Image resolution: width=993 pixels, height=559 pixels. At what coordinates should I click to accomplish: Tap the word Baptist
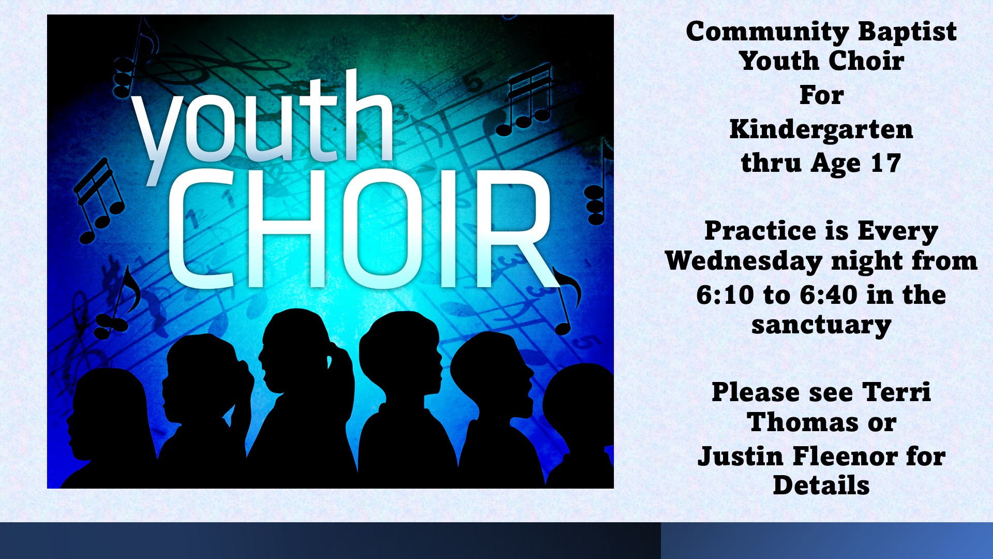(x=908, y=31)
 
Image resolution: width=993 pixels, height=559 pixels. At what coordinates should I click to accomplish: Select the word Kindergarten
(x=821, y=129)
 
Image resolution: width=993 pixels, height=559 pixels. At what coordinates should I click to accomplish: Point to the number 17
(x=886, y=164)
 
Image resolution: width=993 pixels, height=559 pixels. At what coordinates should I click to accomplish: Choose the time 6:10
(x=725, y=295)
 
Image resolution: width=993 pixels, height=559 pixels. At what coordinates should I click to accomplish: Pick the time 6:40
(x=829, y=295)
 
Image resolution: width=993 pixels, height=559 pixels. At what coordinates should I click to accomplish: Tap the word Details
(x=821, y=486)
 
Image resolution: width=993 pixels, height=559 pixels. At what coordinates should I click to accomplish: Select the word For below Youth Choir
(x=821, y=95)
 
